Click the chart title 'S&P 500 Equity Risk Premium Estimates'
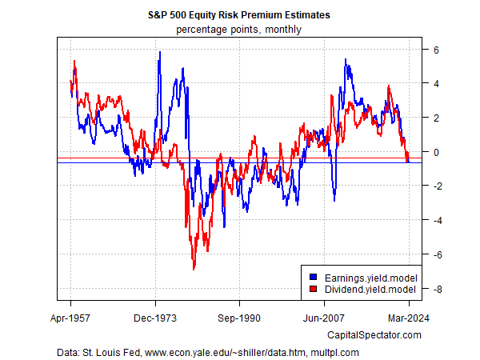point(240,15)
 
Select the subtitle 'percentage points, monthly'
point(240,30)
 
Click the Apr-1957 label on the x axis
point(70,317)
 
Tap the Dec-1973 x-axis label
point(155,317)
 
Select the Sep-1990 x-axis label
point(240,317)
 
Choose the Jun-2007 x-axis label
point(325,317)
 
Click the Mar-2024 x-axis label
point(409,317)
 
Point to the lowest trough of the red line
point(194,269)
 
